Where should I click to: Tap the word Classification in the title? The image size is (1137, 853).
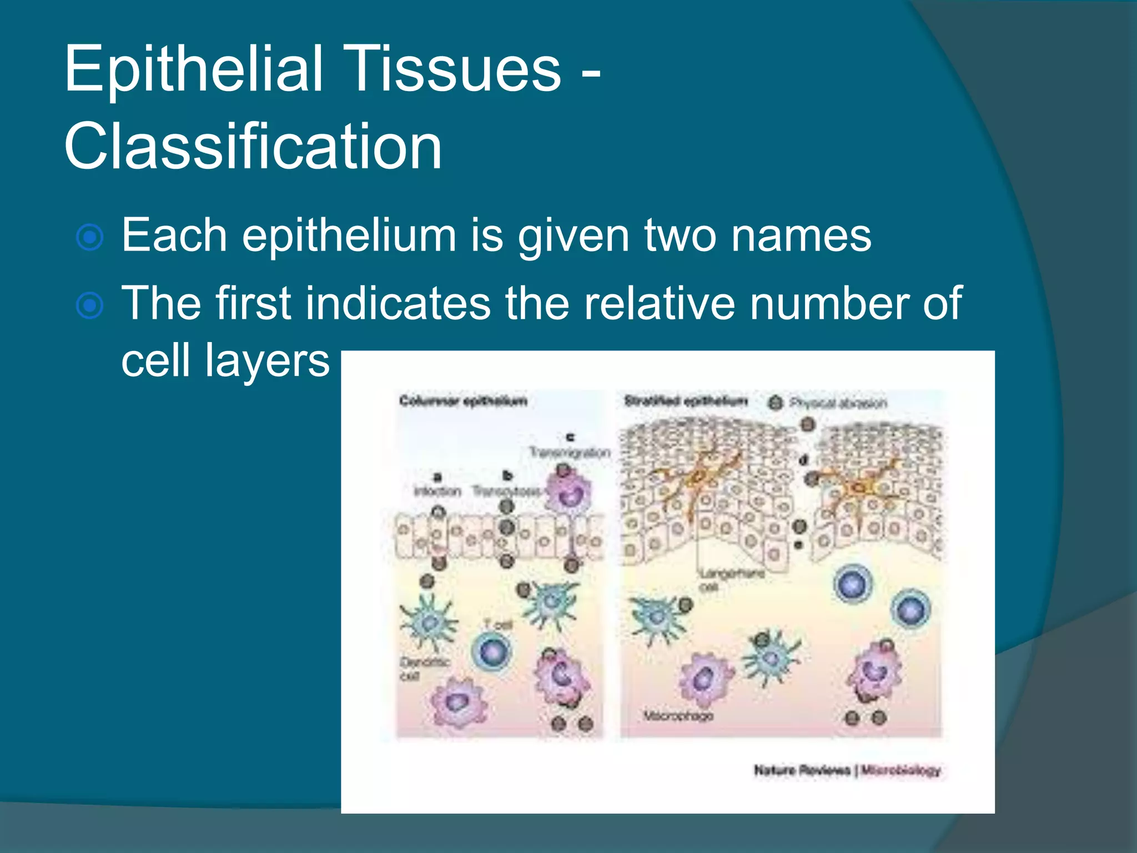pyautogui.click(x=253, y=147)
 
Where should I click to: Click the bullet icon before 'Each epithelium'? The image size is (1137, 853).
pyautogui.click(x=90, y=238)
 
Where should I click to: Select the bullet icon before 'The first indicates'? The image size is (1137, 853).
pyautogui.click(x=90, y=305)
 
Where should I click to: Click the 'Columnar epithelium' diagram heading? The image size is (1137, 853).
pyautogui.click(x=463, y=401)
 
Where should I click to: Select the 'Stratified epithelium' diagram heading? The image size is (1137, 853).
pyautogui.click(x=686, y=401)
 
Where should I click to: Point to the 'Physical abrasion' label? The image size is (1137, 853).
pyautogui.click(x=838, y=403)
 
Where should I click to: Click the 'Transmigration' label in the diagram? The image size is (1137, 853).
pyautogui.click(x=569, y=453)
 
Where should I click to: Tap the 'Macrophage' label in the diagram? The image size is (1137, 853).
pyautogui.click(x=677, y=716)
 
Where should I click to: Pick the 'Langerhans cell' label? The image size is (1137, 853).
pyautogui.click(x=731, y=579)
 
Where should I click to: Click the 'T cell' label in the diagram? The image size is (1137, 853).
pyautogui.click(x=498, y=625)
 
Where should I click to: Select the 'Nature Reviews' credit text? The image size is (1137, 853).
pyautogui.click(x=802, y=770)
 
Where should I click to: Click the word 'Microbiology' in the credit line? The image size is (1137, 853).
pyautogui.click(x=900, y=770)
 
